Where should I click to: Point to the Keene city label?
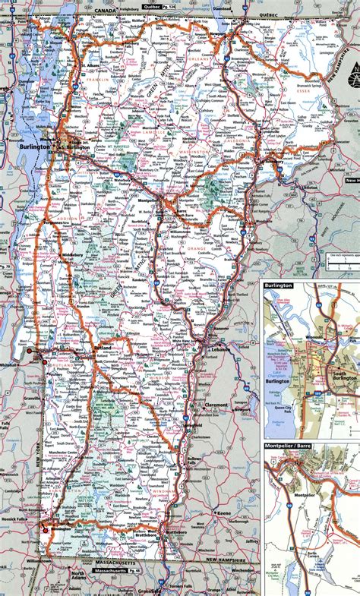tap(223, 514)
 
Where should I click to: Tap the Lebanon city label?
tap(219, 347)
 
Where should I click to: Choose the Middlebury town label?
tap(72, 255)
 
